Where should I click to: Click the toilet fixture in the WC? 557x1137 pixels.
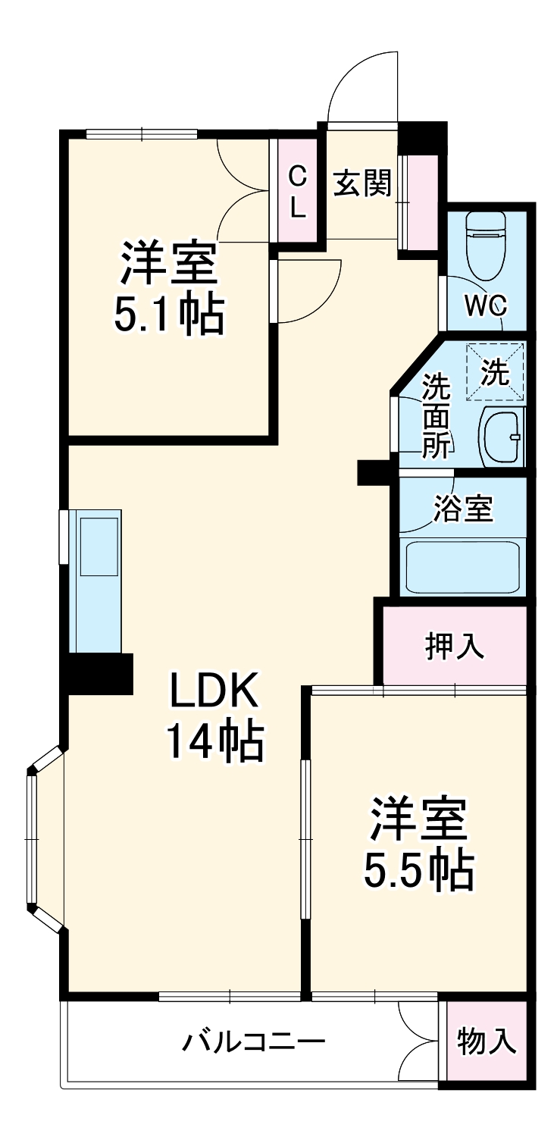click(x=485, y=246)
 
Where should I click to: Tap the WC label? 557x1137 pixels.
click(x=486, y=305)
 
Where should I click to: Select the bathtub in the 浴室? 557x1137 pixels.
click(x=463, y=567)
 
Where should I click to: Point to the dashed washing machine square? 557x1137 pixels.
click(x=495, y=372)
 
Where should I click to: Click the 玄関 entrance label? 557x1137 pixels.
click(x=362, y=184)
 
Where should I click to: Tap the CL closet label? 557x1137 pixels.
click(x=298, y=193)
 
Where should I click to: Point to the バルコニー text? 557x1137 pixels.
click(x=253, y=1043)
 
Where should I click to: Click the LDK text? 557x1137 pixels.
click(x=214, y=691)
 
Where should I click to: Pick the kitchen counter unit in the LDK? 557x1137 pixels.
click(x=95, y=580)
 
